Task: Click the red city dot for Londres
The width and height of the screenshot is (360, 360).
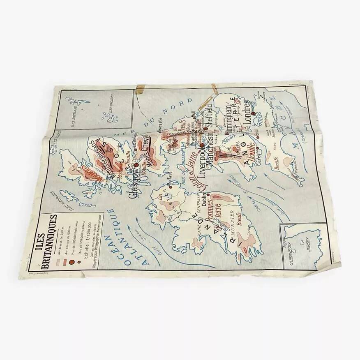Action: click(254, 113)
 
